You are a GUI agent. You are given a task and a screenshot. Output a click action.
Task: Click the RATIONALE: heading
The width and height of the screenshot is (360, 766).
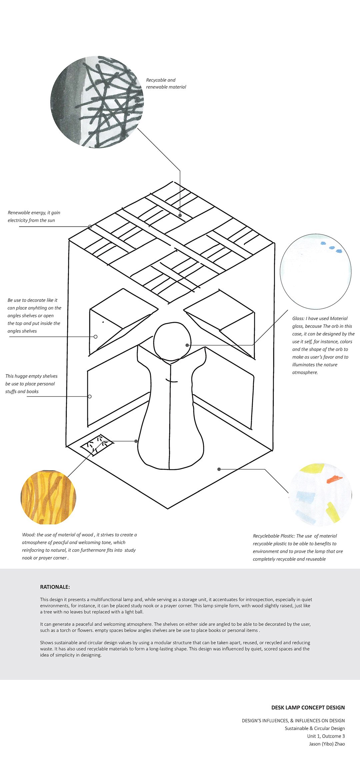pyautogui.click(x=55, y=587)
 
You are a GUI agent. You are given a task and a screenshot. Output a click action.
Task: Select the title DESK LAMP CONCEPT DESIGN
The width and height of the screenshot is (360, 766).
pyautogui.click(x=308, y=707)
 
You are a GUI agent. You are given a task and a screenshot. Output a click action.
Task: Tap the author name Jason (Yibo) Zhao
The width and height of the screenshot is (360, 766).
pyautogui.click(x=327, y=744)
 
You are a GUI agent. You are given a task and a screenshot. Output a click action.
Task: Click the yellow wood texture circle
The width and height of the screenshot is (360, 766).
pyautogui.click(x=48, y=497)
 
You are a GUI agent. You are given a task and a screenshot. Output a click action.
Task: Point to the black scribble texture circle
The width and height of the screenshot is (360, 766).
pyautogui.click(x=97, y=102)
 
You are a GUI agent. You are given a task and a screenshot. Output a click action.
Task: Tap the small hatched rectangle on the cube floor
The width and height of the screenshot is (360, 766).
pyautogui.click(x=97, y=444)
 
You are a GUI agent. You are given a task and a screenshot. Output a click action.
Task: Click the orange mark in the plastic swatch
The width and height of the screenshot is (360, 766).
pyautogui.click(x=334, y=480)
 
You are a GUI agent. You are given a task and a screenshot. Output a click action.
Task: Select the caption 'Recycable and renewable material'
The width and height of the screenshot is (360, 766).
pyautogui.click(x=166, y=83)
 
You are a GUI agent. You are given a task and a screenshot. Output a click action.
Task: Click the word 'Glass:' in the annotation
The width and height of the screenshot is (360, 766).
pyautogui.click(x=298, y=318)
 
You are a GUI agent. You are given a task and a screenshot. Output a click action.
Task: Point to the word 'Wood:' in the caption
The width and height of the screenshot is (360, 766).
pyautogui.click(x=29, y=535)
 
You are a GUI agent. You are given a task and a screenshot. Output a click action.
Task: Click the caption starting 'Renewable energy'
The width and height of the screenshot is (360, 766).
pyautogui.click(x=34, y=216)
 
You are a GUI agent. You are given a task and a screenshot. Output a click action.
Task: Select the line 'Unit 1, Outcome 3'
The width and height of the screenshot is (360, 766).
pyautogui.click(x=326, y=736)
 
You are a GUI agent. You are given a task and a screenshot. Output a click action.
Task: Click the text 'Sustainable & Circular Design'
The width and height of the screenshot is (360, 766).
pyautogui.click(x=315, y=728)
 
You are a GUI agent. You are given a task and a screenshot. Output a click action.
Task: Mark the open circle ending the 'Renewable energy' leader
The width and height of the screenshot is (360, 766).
pyautogui.click(x=90, y=226)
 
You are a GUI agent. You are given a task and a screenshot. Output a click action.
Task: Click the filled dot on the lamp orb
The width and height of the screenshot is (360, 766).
pyautogui.click(x=187, y=345)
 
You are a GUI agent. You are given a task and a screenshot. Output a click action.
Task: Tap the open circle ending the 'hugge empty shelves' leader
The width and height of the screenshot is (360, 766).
pyautogui.click(x=90, y=397)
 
